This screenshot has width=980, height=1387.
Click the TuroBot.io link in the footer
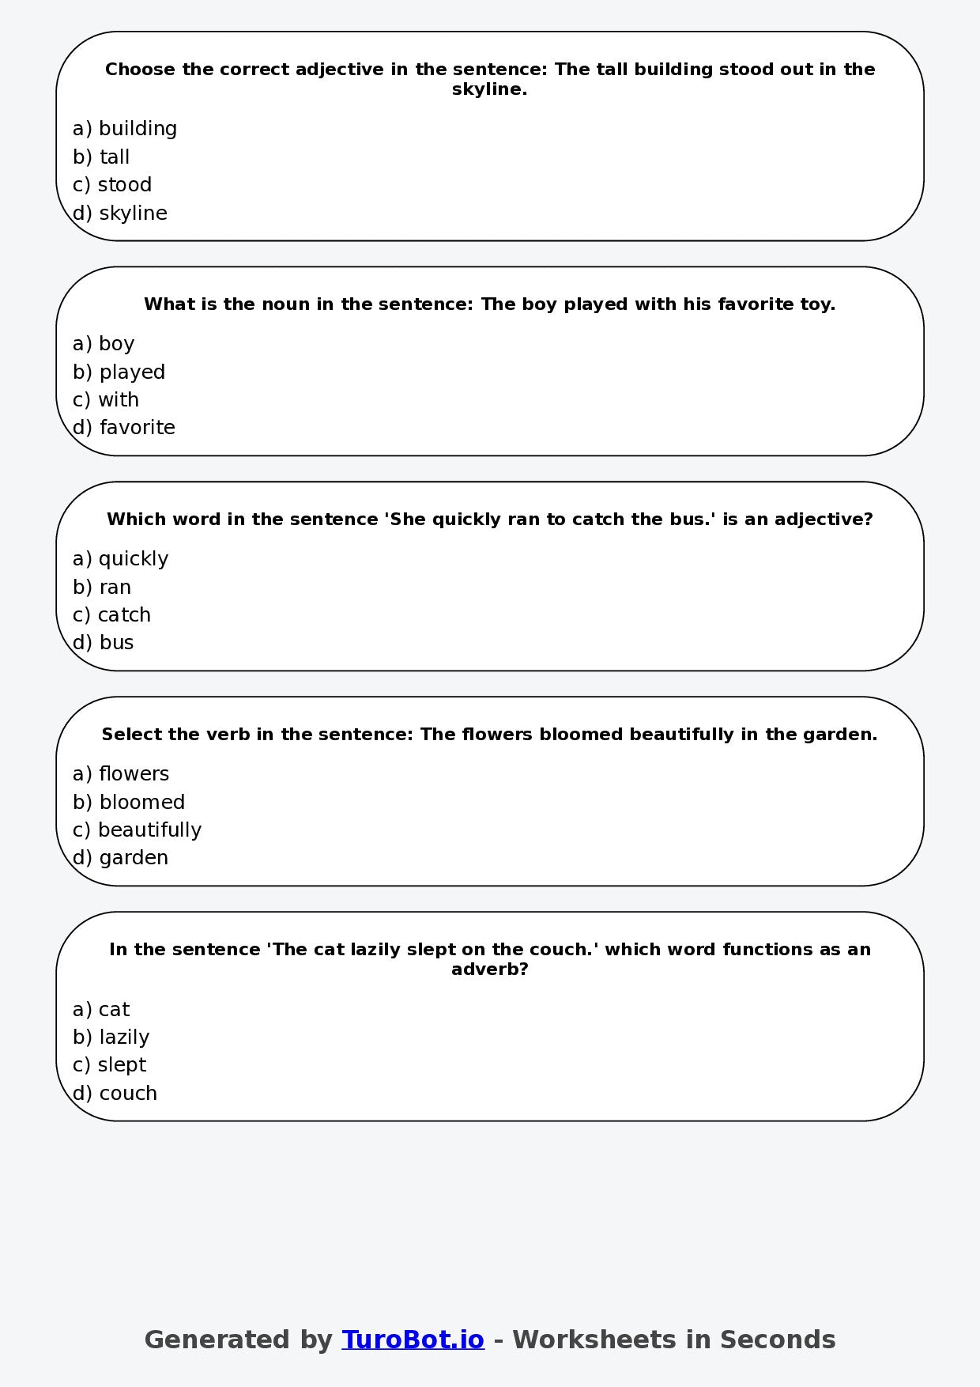click(x=413, y=1340)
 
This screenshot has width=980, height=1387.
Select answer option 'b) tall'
click(x=101, y=157)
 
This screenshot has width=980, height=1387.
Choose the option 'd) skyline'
click(x=120, y=213)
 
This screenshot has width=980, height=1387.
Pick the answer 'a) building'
click(x=125, y=128)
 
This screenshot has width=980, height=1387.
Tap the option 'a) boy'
click(x=104, y=343)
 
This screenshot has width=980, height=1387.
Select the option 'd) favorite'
click(x=124, y=427)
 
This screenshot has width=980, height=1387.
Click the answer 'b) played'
click(x=119, y=372)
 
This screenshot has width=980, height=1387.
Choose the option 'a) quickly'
click(x=120, y=558)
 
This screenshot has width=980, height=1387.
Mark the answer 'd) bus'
click(x=104, y=642)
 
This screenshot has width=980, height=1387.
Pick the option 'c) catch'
click(x=111, y=614)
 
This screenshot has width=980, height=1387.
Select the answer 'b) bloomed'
click(x=129, y=802)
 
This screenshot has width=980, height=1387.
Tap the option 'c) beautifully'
click(x=137, y=830)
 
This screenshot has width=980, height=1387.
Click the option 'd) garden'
click(x=120, y=857)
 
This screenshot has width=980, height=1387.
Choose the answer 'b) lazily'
click(x=111, y=1037)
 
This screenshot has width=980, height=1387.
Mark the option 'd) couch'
click(x=115, y=1093)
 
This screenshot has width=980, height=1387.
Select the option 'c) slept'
click(x=109, y=1064)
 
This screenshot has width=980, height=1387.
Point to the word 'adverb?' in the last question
click(x=489, y=969)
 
